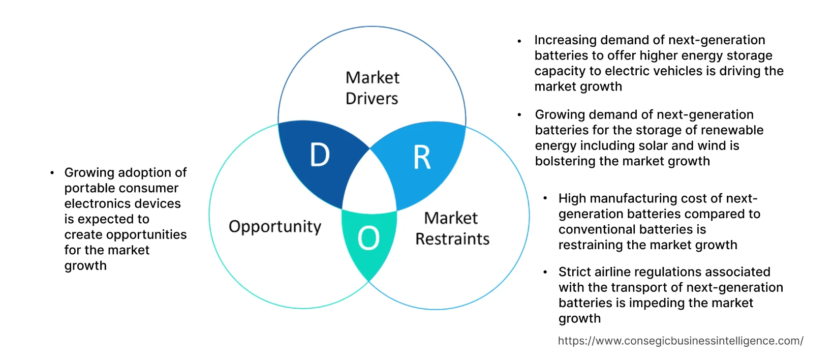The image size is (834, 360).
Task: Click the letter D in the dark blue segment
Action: tap(320, 155)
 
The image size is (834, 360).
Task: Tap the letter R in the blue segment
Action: tap(422, 158)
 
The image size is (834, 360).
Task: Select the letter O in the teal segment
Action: tap(368, 238)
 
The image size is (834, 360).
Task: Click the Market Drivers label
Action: tap(372, 88)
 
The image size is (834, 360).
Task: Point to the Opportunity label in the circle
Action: tap(275, 226)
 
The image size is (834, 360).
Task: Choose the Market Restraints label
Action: tap(452, 228)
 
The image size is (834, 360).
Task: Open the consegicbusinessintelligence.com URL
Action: tap(681, 341)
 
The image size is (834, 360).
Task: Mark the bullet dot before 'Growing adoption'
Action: tap(52, 173)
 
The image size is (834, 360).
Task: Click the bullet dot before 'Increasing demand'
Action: tap(519, 41)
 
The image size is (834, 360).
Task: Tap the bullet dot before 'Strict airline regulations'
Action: tap(545, 273)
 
